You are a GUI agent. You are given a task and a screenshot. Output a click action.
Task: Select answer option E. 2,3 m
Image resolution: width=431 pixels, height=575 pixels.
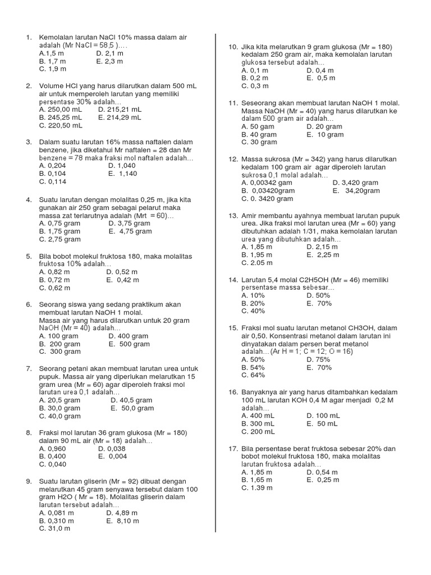coord(109,61)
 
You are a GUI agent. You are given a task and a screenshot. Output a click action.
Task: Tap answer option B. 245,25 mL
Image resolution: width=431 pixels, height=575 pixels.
coord(61,118)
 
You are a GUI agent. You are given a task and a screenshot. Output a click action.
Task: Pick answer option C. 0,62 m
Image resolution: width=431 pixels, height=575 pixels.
coord(54,288)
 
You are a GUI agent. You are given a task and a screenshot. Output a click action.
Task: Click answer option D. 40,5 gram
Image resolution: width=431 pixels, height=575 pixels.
coord(131,400)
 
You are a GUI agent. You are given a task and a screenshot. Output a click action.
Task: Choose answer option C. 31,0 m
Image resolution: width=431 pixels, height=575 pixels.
coord(55,529)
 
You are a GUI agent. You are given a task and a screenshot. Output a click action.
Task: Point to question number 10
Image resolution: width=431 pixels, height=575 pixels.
coord(234,47)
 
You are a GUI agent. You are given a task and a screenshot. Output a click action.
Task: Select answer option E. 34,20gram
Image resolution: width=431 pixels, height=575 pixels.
coord(356,191)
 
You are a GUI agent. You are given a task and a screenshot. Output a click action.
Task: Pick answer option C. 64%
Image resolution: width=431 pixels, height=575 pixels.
coord(253,375)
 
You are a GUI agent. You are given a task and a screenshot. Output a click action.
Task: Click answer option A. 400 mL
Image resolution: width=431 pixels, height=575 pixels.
coord(258,416)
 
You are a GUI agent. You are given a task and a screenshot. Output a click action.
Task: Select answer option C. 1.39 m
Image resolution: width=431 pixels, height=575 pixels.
coord(257,488)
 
